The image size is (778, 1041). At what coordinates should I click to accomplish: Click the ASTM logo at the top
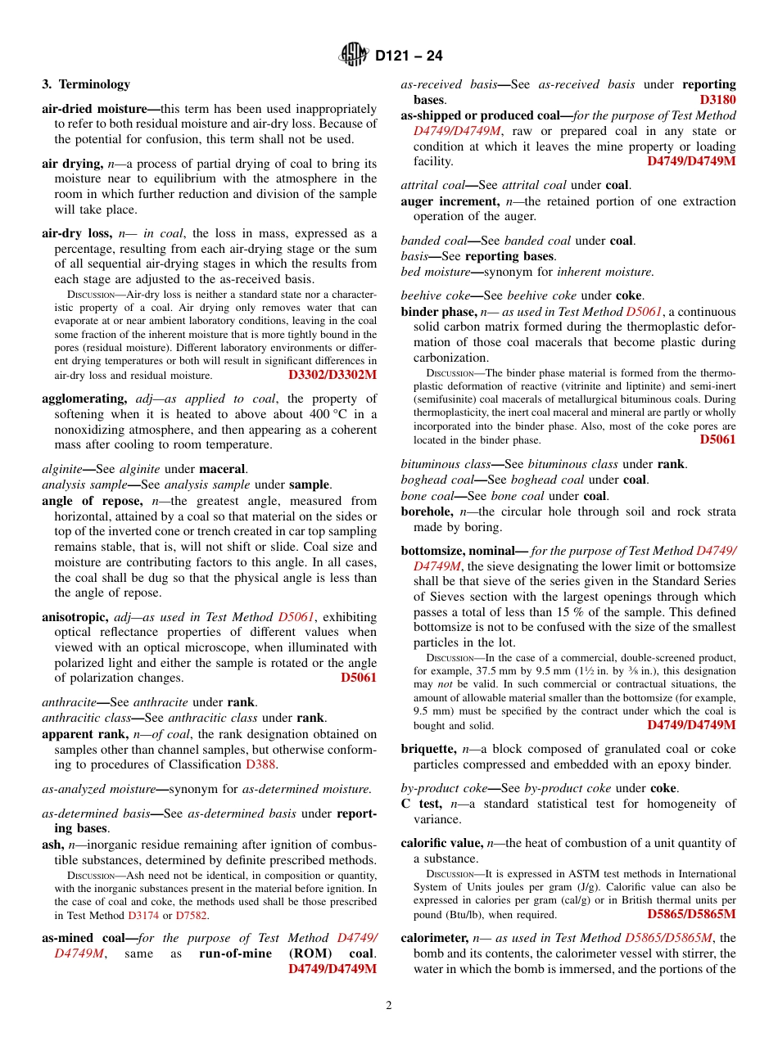[354, 56]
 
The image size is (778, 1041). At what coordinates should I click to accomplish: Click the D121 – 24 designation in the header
[409, 56]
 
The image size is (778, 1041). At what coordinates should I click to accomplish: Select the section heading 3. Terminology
[86, 84]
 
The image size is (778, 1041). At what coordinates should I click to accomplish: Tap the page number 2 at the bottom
[389, 1005]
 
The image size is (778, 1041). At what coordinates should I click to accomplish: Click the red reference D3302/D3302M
[332, 375]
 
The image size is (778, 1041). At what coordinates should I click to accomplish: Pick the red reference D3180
[717, 100]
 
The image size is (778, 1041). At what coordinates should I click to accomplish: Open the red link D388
[261, 764]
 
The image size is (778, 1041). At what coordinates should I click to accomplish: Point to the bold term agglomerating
[84, 399]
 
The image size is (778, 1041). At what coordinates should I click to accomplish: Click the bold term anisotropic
[75, 617]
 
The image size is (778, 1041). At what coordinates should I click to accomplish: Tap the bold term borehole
[428, 511]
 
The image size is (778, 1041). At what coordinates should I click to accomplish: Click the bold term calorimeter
[434, 938]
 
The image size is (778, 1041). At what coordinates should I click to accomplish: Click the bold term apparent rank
[88, 734]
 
